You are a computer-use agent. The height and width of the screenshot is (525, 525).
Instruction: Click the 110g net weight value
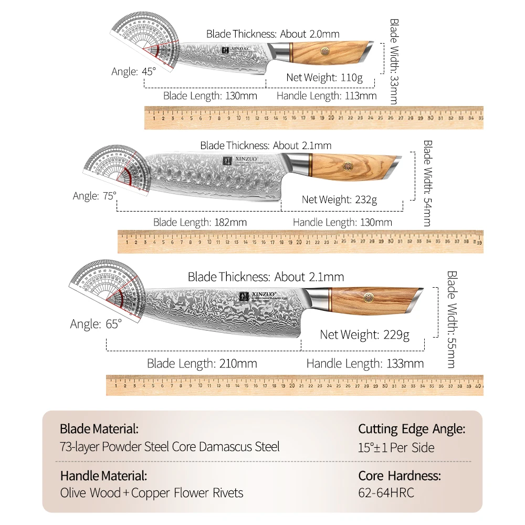pyautogui.click(x=351, y=78)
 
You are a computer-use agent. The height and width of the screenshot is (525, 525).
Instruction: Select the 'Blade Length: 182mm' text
pyautogui.click(x=199, y=222)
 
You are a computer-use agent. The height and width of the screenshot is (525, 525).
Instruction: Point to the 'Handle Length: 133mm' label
pyautogui.click(x=365, y=363)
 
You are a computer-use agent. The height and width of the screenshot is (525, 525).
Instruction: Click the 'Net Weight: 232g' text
pyautogui.click(x=339, y=199)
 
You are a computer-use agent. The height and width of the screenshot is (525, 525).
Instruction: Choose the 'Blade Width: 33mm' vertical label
pyautogui.click(x=394, y=62)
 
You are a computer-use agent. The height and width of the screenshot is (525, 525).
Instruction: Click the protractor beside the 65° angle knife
pyautogui.click(x=107, y=291)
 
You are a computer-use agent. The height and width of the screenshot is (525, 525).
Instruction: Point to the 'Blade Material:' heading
pyautogui.click(x=99, y=429)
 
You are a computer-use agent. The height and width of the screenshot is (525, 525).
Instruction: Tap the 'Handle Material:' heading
pyautogui.click(x=103, y=476)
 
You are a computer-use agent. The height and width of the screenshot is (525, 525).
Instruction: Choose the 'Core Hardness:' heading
pyautogui.click(x=400, y=476)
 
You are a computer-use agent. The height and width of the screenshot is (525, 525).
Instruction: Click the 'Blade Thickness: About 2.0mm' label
pyautogui.click(x=272, y=34)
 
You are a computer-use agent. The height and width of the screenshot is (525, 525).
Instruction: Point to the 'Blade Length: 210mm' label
pyautogui.click(x=202, y=363)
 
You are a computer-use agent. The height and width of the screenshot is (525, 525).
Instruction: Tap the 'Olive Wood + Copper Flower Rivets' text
pyautogui.click(x=151, y=493)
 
